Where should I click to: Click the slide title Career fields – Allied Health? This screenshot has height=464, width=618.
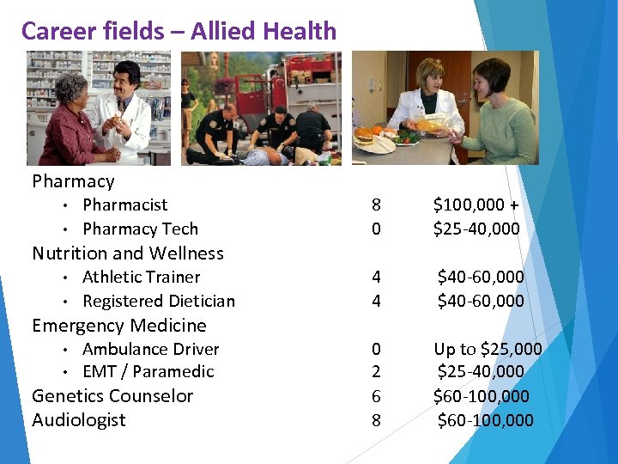coord(179,31)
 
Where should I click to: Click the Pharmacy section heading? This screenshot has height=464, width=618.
coord(73,181)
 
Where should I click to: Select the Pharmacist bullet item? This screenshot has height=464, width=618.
coord(124,205)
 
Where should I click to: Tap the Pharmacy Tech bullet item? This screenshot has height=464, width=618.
coord(140,229)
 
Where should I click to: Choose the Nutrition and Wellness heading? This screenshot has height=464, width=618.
coord(128,253)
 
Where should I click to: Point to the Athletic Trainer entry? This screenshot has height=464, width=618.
coord(141,278)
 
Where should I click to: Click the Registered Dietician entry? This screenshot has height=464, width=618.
coord(158,301)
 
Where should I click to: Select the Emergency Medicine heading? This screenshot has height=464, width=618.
coord(119,326)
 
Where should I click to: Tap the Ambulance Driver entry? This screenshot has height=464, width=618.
coord(150,349)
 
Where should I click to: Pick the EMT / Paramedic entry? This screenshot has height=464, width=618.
coord(148,372)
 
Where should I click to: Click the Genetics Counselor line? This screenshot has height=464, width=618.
coord(112,396)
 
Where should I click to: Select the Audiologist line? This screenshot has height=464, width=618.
coord(79,420)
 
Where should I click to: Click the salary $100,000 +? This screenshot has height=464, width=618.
coord(476,205)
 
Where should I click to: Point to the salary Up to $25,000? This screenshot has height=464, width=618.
coord(488,349)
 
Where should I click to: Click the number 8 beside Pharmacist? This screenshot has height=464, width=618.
coord(376,205)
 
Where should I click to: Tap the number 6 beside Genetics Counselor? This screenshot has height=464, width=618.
coord(376,396)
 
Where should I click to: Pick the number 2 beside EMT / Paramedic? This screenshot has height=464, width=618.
coord(376,372)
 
